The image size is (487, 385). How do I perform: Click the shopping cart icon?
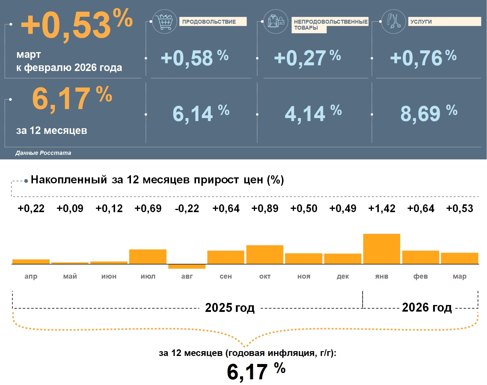point(165,22)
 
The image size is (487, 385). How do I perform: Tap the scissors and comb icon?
point(393,22)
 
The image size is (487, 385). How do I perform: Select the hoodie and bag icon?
point(276,22)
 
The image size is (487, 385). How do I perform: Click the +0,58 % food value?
point(195,58)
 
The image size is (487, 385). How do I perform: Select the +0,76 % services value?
point(423,58)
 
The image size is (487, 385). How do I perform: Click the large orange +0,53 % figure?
point(76,25)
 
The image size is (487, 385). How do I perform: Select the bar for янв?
point(382,249)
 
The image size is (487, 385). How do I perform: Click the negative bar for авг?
point(187,266)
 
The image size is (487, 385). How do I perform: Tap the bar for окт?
point(265,255)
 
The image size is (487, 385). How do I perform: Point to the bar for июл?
point(148,257)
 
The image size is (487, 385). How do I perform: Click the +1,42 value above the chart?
point(382,208)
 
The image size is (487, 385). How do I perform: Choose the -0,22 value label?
point(187,208)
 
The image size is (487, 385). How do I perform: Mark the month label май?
point(70,276)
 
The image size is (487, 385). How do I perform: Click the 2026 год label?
point(426,308)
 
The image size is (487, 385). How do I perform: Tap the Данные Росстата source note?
point(43,153)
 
